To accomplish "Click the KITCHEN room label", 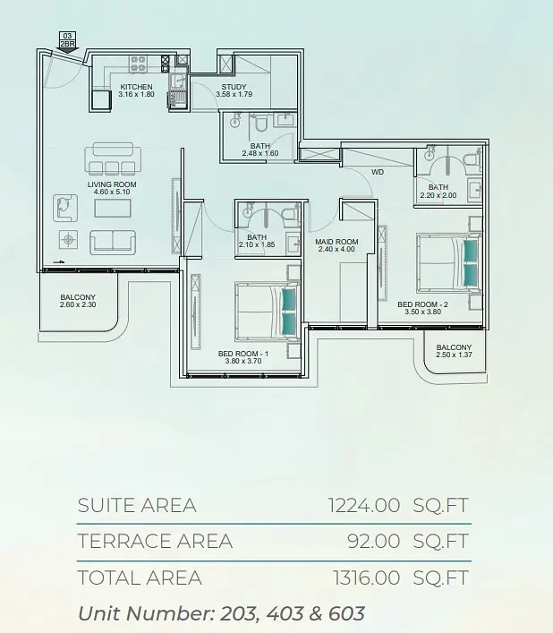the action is [136, 87].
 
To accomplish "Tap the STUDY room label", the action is [234, 87].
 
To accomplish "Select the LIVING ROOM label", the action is [112, 184].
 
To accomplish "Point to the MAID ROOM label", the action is [336, 242].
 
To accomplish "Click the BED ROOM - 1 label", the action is [243, 354].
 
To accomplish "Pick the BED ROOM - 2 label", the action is [422, 304].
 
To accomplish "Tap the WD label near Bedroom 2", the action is [378, 172].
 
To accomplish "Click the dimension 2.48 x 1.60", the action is [260, 153].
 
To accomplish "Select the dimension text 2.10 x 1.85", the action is [257, 244].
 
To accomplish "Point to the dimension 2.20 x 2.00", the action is [438, 195].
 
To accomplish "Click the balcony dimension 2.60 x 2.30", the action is [78, 304].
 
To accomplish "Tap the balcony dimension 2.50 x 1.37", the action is [454, 355].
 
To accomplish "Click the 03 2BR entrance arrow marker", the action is [67, 42].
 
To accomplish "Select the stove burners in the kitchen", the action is [138, 64].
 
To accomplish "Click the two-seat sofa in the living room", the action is [113, 242].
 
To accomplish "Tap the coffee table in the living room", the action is [113, 209].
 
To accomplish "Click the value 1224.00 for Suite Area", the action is [364, 506].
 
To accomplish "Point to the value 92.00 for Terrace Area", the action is [373, 542].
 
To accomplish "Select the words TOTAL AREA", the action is [140, 577].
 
